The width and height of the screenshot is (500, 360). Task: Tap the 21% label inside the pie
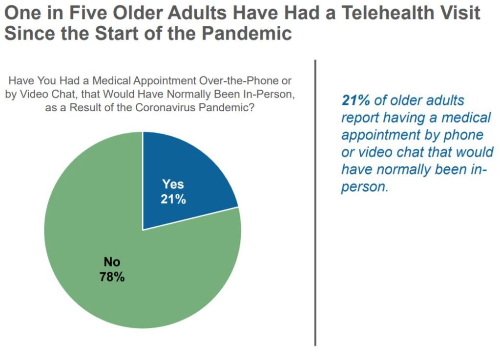click(173, 199)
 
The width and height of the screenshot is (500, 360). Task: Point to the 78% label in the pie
click(112, 277)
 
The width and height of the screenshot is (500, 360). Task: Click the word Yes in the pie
click(173, 184)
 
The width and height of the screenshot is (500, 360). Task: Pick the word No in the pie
click(112, 262)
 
